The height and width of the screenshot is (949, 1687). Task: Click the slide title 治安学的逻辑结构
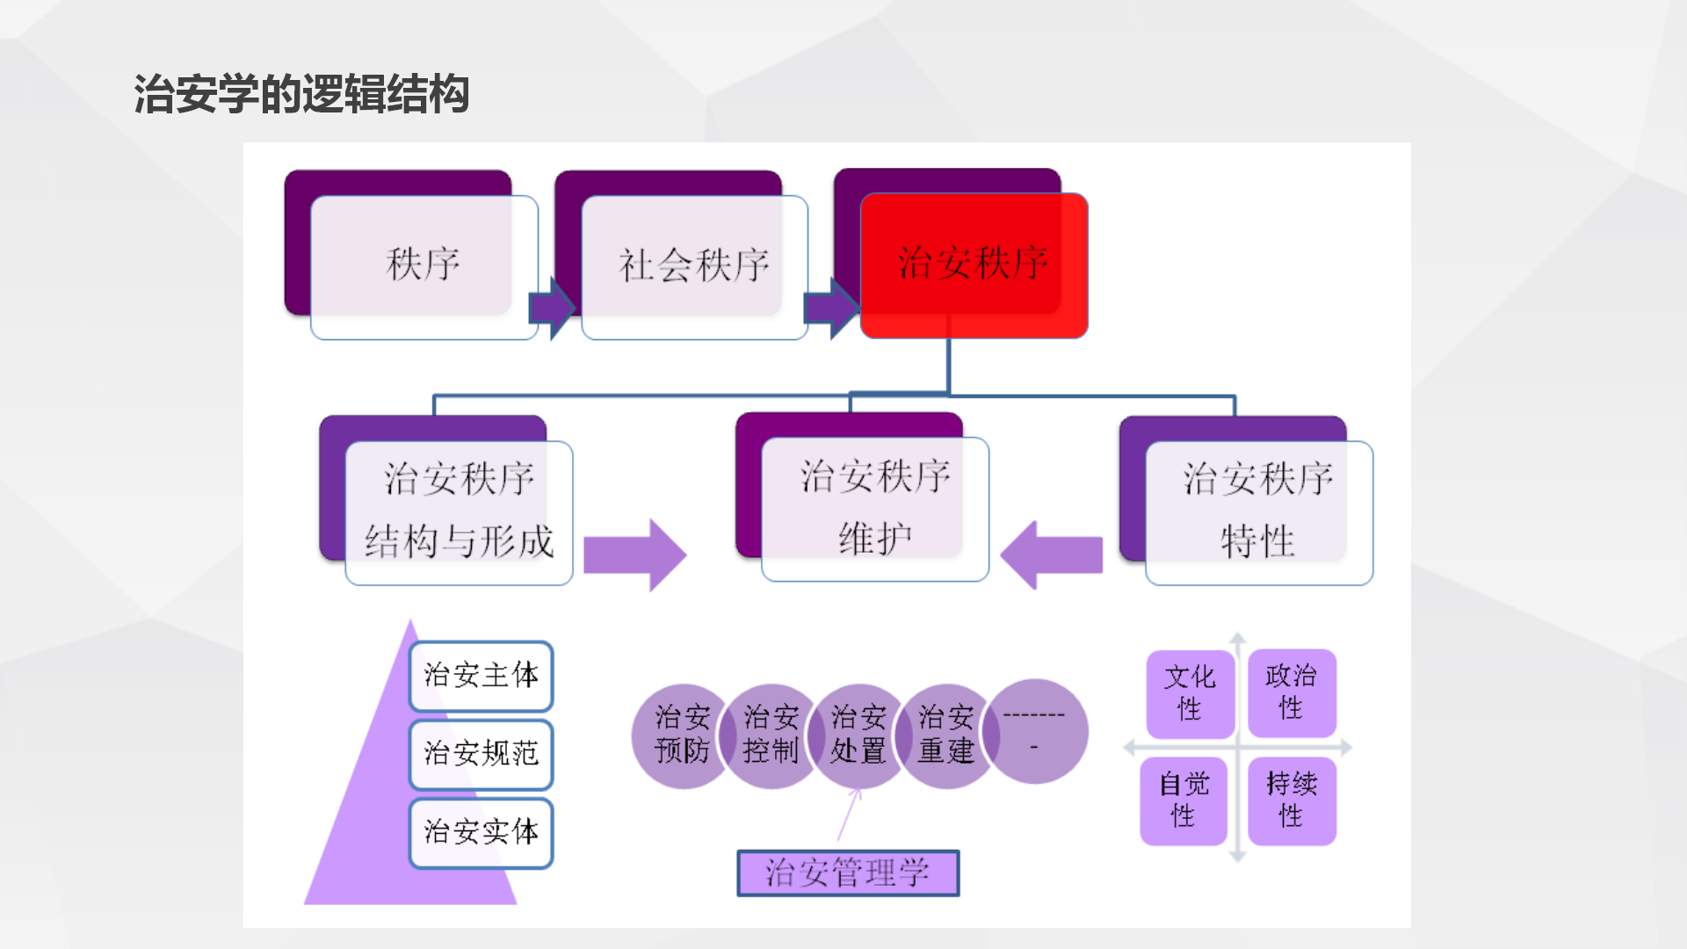[301, 94]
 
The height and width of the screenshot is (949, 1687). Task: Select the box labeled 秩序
[424, 265]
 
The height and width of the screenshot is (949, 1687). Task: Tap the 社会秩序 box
[694, 265]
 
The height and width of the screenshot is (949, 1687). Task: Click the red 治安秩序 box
[974, 264]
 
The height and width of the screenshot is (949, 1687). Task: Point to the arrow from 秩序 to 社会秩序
[552, 308]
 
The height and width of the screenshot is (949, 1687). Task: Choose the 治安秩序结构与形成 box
[459, 511]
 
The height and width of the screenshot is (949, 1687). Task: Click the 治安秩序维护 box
[875, 508]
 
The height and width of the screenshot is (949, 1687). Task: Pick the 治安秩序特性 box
[1258, 511]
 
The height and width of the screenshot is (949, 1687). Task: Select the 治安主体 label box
[481, 675]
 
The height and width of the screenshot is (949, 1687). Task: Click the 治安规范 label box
[481, 753]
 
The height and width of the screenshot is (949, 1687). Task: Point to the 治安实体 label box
[481, 831]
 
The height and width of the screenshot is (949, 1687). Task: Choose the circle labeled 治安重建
[946, 735]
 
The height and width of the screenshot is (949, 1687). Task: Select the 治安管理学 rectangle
[848, 873]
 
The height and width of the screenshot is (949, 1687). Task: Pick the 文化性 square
[1190, 693]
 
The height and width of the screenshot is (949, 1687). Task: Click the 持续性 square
[1292, 800]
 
